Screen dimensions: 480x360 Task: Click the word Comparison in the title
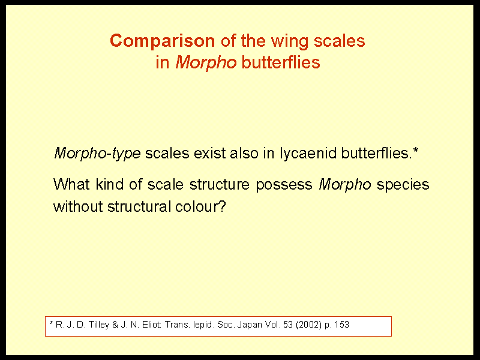(162, 41)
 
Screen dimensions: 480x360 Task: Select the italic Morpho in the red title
(206, 63)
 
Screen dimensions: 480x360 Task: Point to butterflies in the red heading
(281, 62)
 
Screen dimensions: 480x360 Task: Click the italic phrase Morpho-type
(97, 154)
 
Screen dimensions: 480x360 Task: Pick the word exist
(209, 153)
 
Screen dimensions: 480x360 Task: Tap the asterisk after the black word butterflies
(415, 150)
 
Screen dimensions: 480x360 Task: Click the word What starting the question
(71, 184)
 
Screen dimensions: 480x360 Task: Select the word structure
(220, 184)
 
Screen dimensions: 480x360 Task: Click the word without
(78, 206)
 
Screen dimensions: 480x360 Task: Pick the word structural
(139, 206)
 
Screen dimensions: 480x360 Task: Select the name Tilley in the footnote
(99, 325)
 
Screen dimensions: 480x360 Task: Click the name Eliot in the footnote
(152, 325)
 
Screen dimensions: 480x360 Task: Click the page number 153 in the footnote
(342, 325)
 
